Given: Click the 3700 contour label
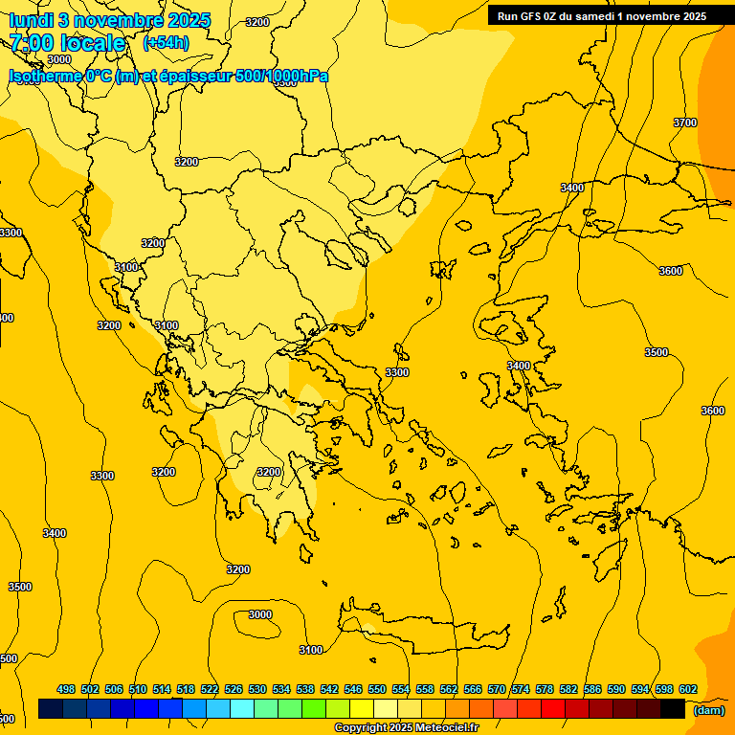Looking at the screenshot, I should pos(685,122).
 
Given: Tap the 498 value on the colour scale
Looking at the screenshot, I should pos(66,689).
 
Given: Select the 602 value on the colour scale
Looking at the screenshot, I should pos(687,689).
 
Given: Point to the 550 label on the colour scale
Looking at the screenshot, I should pos(377,689).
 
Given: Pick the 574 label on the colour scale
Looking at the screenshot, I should pos(521,689).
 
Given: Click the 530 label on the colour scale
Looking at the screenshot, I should pos(257,689).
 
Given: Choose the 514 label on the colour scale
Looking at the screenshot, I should pos(162,689).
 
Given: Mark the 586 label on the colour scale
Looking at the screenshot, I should pos(592,689).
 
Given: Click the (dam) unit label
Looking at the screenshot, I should pos(708,709).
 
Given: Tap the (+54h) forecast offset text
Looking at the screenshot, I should pos(166,43).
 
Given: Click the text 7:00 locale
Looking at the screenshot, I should pos(67,43).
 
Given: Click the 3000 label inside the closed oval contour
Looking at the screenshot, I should pos(260,614).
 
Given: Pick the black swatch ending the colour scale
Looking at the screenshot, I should pos(672,709).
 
